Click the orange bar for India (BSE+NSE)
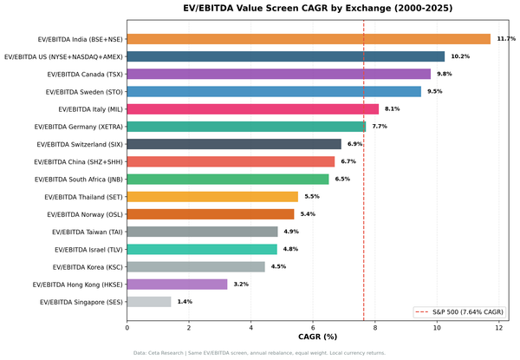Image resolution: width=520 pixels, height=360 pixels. point(309,39)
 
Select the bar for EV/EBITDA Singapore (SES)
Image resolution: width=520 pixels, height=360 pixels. point(149,302)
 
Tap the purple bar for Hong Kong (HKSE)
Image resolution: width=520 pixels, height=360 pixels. point(177,284)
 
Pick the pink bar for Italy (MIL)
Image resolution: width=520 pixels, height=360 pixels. point(252,109)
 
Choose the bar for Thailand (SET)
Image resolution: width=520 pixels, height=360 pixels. point(212,197)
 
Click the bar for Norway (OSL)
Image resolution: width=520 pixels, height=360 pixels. point(211,214)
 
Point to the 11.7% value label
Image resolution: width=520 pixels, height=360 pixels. point(506,39)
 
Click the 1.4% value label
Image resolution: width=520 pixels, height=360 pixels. point(185,302)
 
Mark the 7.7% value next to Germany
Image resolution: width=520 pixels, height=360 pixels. point(380,127)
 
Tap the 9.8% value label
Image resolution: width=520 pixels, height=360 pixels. point(445,74)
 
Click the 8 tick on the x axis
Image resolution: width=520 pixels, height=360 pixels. point(375,328)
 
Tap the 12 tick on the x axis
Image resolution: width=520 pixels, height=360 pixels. point(499,328)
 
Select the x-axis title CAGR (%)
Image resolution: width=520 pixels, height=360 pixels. point(318,337)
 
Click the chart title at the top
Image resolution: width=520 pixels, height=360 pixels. point(318,9)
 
